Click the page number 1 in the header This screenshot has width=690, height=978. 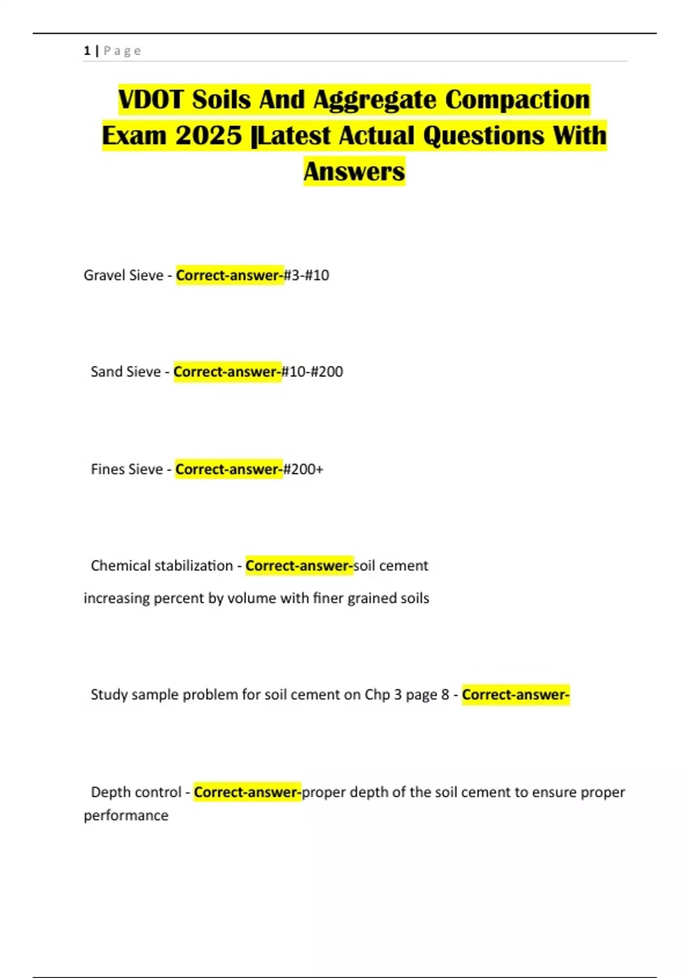tap(87, 51)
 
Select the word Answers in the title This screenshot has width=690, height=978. tap(354, 171)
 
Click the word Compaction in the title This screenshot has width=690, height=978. tap(517, 100)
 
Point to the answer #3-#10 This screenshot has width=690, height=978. tap(306, 275)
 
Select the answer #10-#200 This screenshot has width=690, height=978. tap(312, 372)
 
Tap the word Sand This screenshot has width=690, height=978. tap(106, 372)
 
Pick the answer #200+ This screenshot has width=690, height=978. tap(303, 469)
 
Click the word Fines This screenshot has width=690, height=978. tap(108, 469)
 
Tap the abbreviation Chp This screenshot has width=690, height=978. tap(377, 694)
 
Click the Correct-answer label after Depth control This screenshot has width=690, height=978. tap(247, 792)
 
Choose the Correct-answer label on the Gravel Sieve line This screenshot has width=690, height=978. tap(229, 275)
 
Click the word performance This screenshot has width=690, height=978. tap(126, 815)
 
